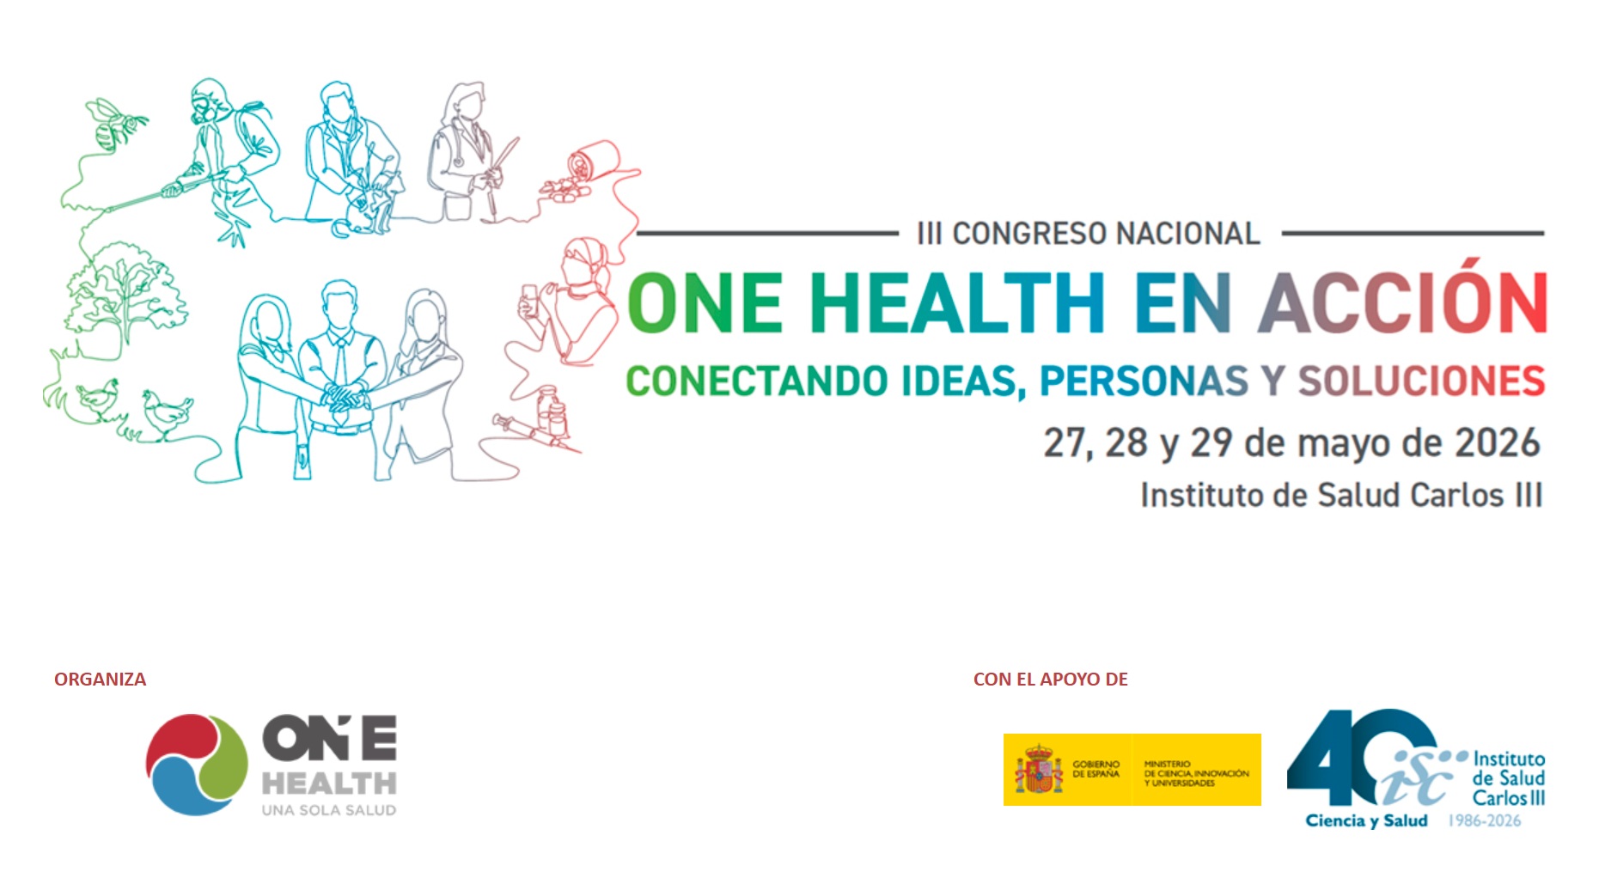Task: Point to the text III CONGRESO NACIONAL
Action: [1089, 233]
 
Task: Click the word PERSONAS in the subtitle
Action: [1144, 381]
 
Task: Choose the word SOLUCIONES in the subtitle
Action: [1421, 381]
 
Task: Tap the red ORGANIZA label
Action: [100, 680]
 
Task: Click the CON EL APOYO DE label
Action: [1050, 680]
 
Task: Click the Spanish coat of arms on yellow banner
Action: [1038, 769]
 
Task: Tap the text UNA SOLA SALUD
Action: [329, 810]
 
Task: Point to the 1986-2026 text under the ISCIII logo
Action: [1485, 820]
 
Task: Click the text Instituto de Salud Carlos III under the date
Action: [1341, 496]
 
